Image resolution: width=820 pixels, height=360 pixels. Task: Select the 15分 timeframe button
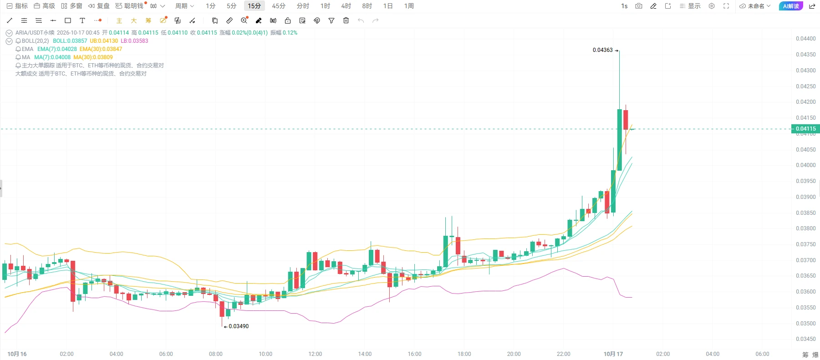pyautogui.click(x=255, y=6)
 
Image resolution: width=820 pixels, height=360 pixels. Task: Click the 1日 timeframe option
pyautogui.click(x=388, y=6)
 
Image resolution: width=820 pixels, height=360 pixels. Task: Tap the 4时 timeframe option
pyautogui.click(x=346, y=6)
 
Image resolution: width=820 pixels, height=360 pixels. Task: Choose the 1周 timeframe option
pyautogui.click(x=409, y=6)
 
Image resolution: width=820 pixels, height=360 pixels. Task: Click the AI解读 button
pyautogui.click(x=791, y=6)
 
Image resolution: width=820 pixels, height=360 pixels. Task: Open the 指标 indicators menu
pyautogui.click(x=17, y=6)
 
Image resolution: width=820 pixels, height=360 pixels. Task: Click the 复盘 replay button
pyautogui.click(x=99, y=6)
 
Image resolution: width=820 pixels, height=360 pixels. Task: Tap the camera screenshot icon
pyautogui.click(x=639, y=6)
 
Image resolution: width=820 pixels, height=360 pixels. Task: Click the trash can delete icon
pyautogui.click(x=346, y=20)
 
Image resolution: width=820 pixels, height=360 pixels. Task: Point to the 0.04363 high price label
pyautogui.click(x=602, y=50)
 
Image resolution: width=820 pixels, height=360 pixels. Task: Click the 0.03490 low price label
pyautogui.click(x=239, y=326)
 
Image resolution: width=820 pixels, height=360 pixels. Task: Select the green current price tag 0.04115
pyautogui.click(x=805, y=129)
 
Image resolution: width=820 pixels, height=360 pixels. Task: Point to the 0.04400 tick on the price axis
pyautogui.click(x=805, y=39)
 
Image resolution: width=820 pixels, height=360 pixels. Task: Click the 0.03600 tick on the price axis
pyautogui.click(x=805, y=292)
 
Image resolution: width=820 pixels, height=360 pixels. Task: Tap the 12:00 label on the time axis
pyautogui.click(x=315, y=354)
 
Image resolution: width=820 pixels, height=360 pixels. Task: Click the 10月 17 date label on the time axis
pyautogui.click(x=613, y=354)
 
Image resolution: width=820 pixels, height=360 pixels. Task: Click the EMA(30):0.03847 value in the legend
pyautogui.click(x=101, y=49)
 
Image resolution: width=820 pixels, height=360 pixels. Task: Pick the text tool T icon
pyautogui.click(x=82, y=20)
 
